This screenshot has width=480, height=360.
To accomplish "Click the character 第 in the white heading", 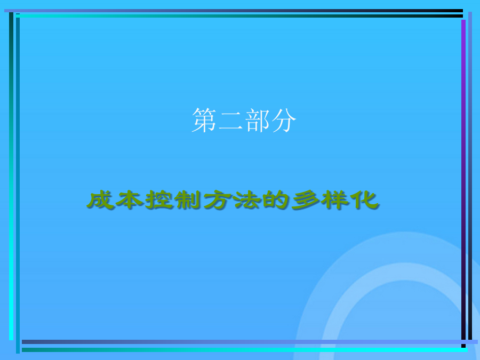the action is (x=204, y=120).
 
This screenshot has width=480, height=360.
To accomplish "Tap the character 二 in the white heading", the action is (x=231, y=121).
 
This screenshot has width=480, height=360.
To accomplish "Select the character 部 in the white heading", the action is (x=258, y=120).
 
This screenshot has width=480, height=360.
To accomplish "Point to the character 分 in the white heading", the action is (x=284, y=120).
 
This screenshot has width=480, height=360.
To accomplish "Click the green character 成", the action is (x=100, y=200).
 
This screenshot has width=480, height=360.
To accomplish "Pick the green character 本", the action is (x=129, y=200).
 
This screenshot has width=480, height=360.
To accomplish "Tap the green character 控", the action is (x=158, y=200).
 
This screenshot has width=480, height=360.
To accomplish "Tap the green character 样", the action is (x=335, y=200).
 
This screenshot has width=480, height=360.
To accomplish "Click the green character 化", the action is (x=364, y=200).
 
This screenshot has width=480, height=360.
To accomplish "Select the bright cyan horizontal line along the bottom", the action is (x=245, y=349).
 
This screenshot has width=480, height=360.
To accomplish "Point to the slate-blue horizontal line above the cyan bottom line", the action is (x=250, y=342).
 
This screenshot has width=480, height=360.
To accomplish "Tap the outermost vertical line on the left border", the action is (x=11, y=176).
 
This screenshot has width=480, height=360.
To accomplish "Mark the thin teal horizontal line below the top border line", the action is (x=239, y=15).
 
